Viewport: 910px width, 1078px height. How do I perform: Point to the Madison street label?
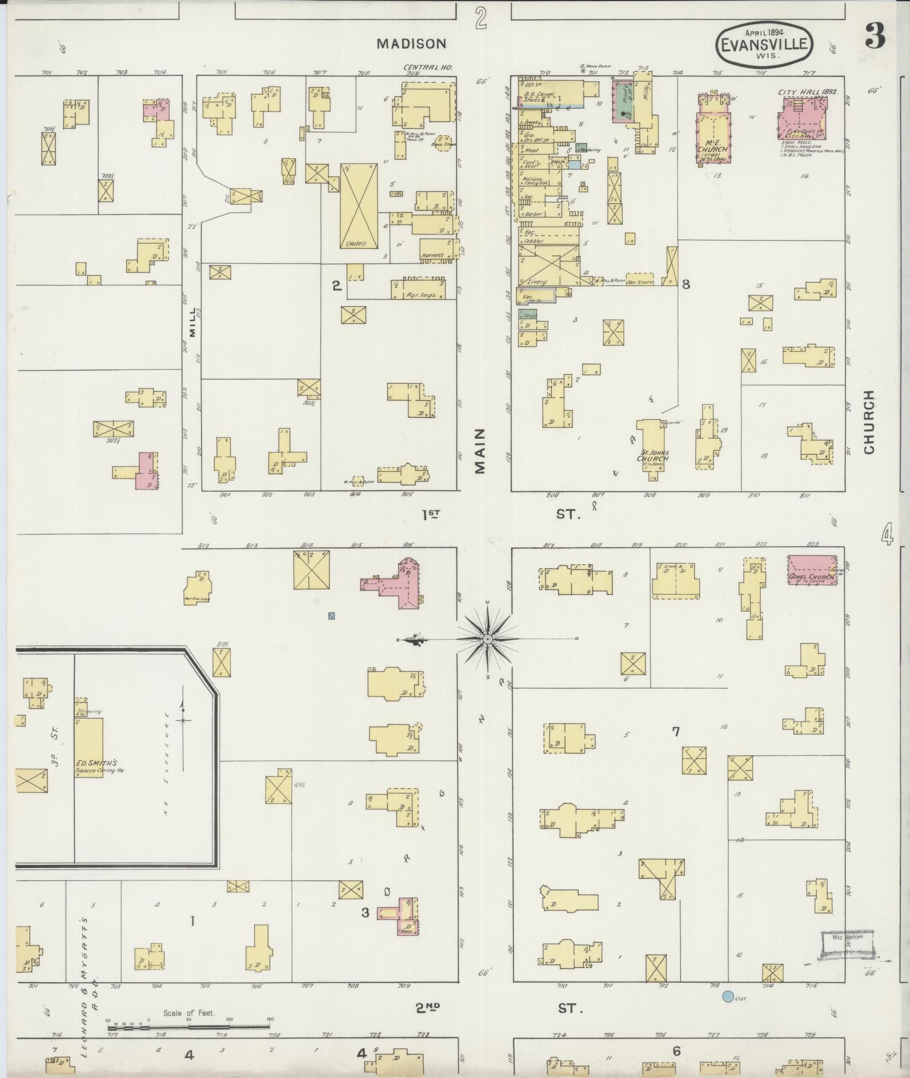411,43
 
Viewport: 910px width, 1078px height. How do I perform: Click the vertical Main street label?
480,451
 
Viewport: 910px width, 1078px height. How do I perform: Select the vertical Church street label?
869,422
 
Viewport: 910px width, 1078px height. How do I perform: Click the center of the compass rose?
488,638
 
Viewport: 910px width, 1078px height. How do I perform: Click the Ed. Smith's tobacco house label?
97,764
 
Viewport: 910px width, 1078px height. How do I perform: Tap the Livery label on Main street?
537,282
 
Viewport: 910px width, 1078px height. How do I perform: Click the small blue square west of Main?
331,616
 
